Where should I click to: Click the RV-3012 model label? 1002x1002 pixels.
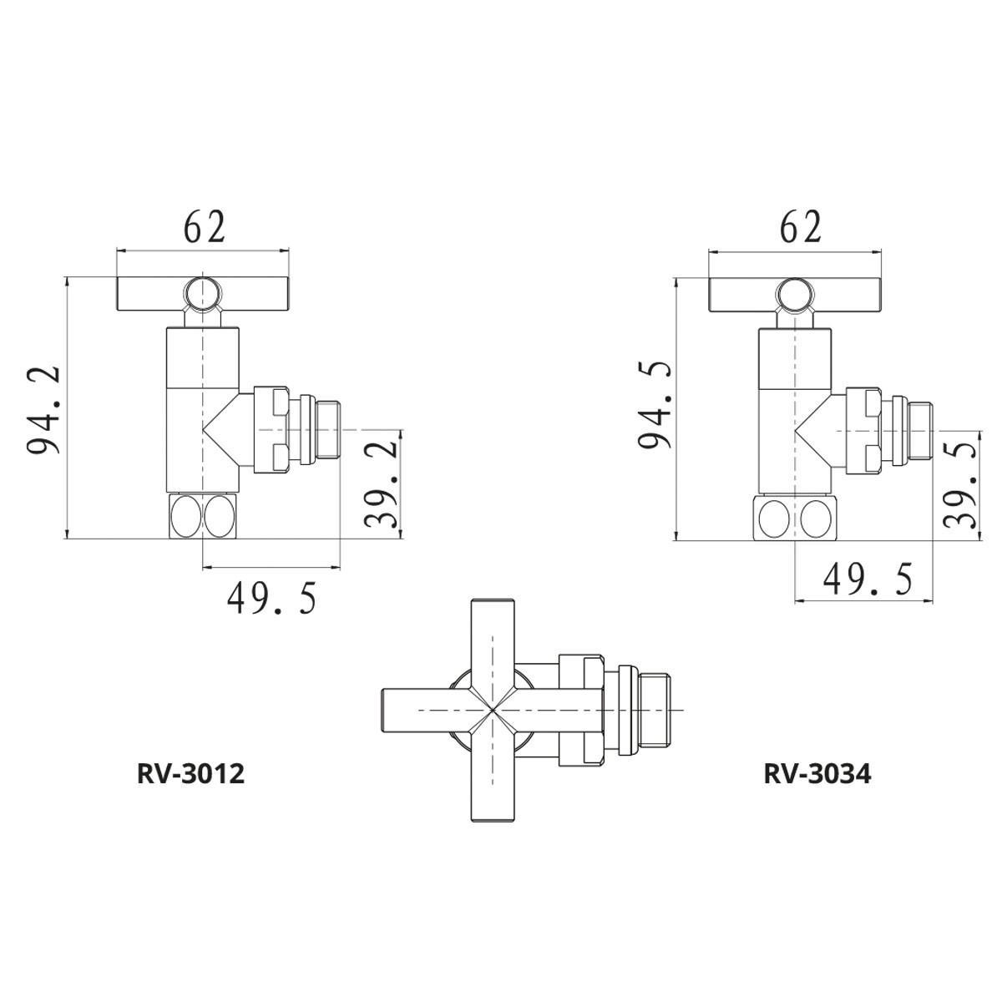190,774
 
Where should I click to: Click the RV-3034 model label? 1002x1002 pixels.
817,774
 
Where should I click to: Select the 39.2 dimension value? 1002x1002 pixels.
381,484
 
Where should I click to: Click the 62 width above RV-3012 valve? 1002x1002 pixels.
205,227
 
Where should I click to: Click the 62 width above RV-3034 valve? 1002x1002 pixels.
800,227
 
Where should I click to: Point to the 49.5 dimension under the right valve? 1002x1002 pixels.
867,579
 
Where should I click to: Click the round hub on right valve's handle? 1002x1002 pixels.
796,296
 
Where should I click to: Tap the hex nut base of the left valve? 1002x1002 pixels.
204,517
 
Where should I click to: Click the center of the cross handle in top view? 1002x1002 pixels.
492,710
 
